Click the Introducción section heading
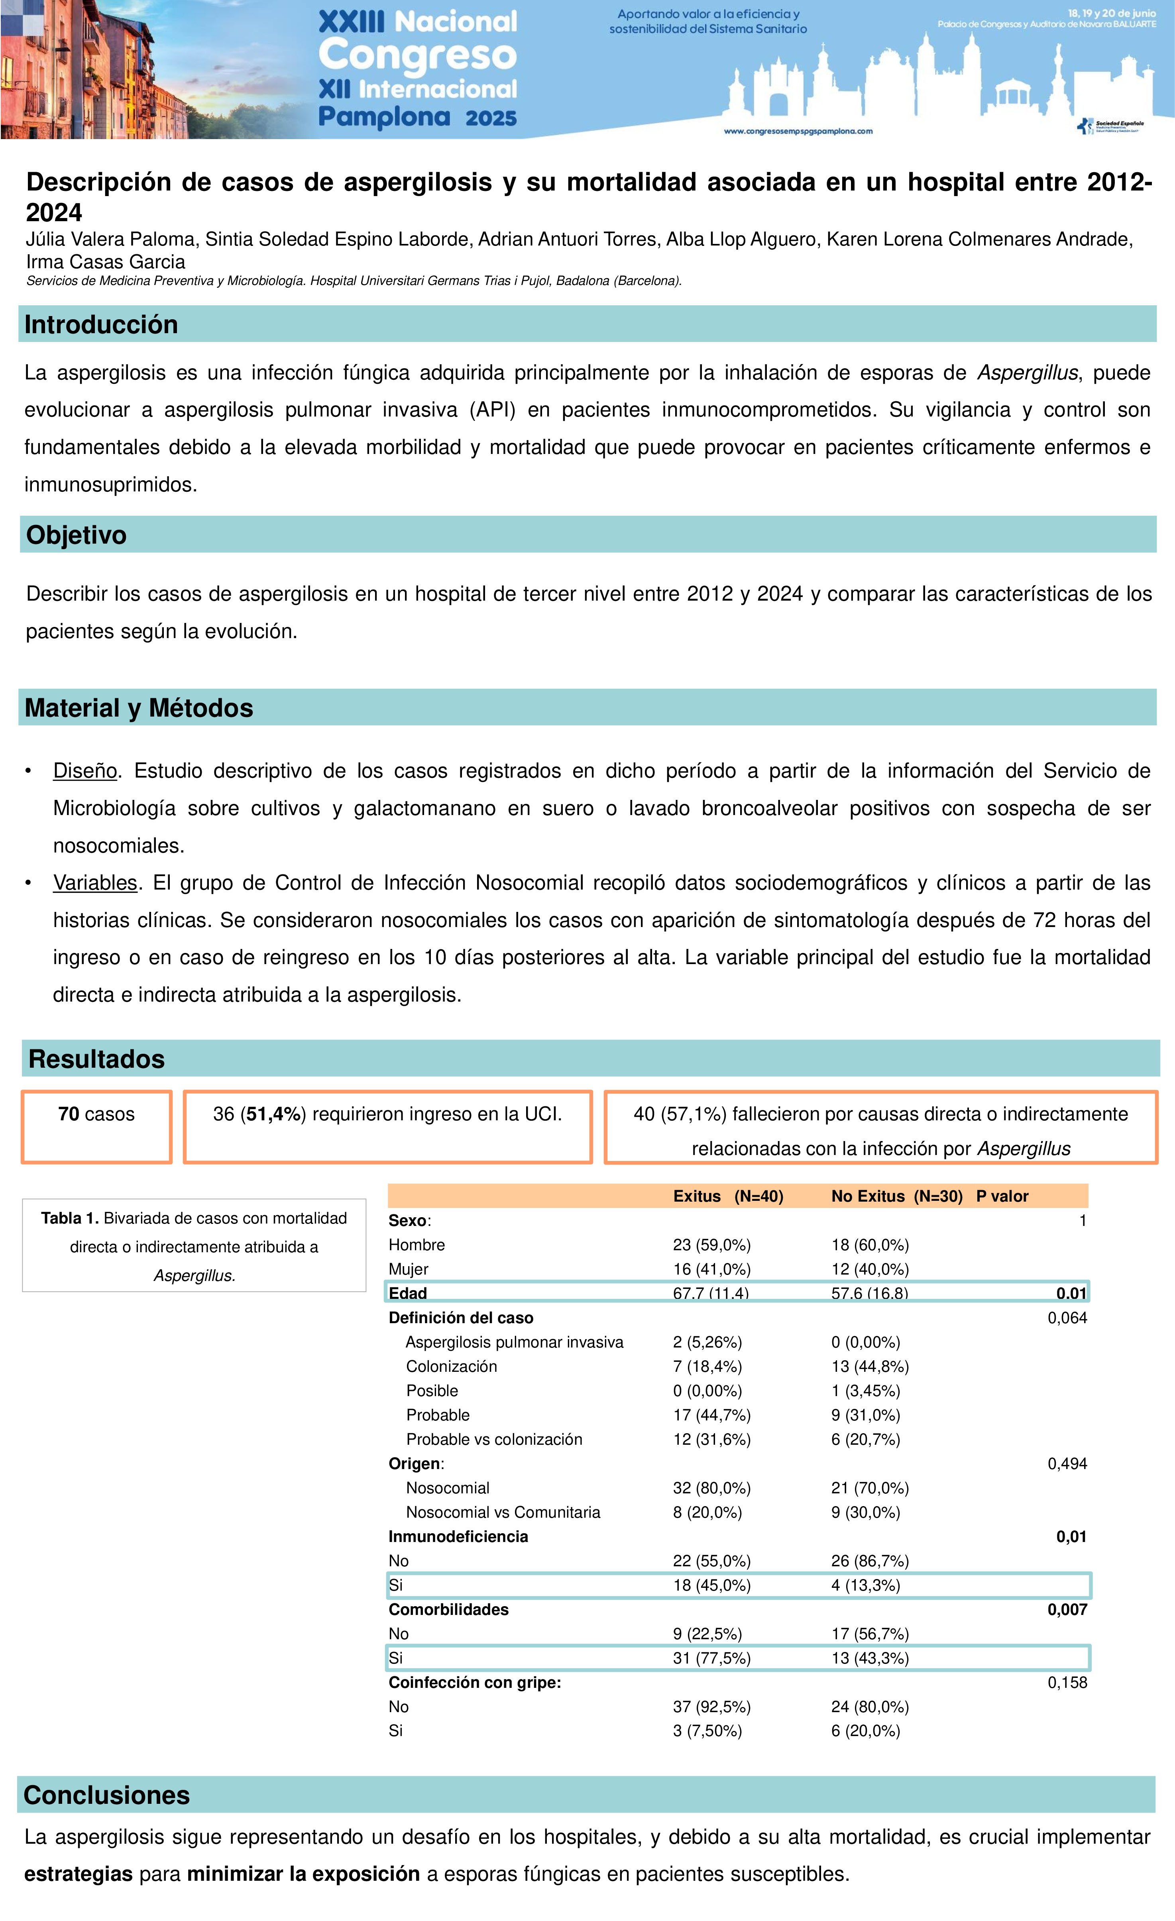point(101,324)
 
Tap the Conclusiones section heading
point(107,1795)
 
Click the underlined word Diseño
point(85,771)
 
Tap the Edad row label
point(408,1293)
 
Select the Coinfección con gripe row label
point(475,1682)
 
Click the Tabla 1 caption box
point(194,1246)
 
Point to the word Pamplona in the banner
point(384,117)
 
